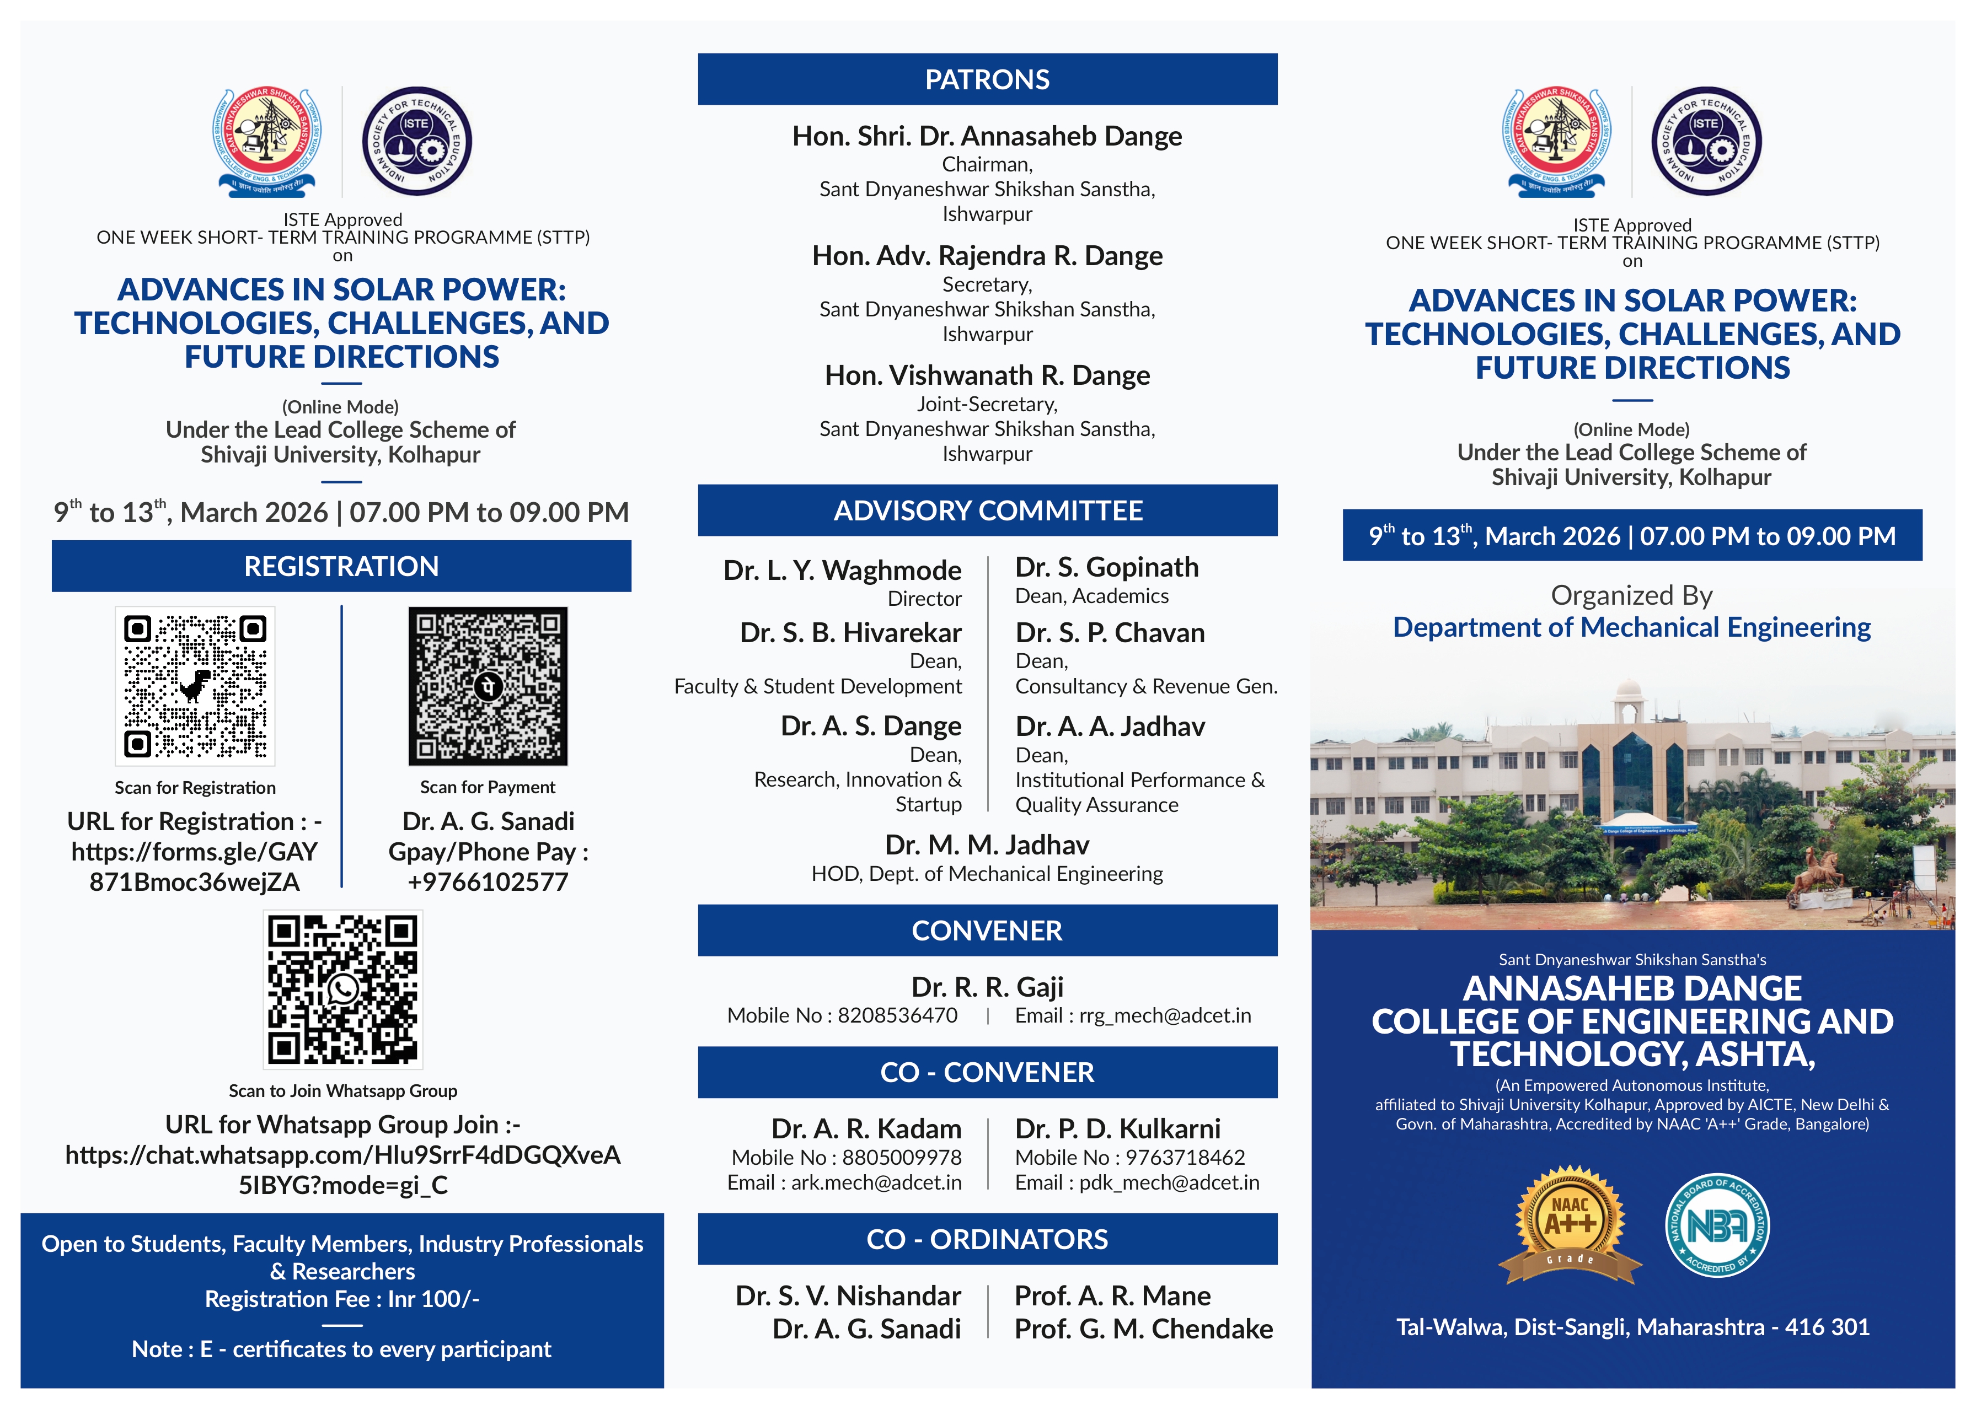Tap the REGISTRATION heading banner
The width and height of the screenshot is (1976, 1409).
(x=341, y=566)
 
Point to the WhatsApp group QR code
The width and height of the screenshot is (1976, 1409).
(x=343, y=989)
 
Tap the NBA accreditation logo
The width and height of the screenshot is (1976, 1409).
(x=1717, y=1225)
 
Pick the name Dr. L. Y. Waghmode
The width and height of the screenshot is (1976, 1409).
(x=842, y=570)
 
